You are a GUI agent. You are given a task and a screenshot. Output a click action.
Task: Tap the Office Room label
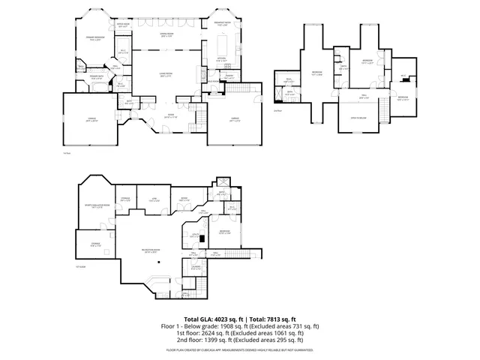(x=123, y=25)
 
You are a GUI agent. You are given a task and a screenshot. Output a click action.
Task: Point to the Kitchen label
(x=221, y=59)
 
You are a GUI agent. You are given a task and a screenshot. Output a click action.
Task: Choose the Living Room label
(x=164, y=74)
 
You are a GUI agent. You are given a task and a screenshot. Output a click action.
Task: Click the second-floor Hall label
(x=364, y=96)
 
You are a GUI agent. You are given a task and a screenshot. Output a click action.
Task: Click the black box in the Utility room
(x=202, y=238)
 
